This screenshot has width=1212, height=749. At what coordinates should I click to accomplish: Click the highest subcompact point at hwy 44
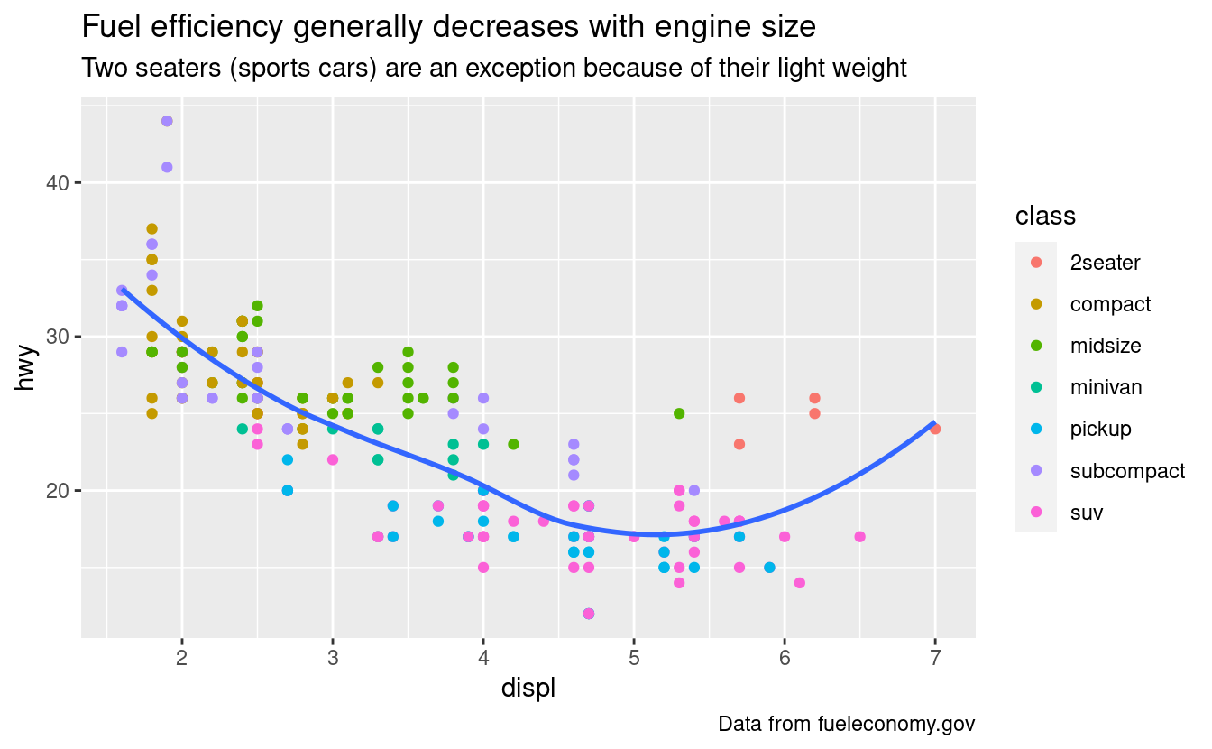point(167,121)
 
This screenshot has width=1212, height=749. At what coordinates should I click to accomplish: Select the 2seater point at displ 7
point(935,429)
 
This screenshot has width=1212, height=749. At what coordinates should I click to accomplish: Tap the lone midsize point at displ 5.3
point(679,413)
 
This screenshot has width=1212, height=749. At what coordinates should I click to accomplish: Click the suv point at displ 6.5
point(859,537)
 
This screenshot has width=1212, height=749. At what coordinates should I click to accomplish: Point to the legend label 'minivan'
point(1106,387)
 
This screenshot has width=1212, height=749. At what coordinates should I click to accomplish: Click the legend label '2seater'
point(1105,263)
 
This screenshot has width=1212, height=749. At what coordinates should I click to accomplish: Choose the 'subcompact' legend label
point(1127,470)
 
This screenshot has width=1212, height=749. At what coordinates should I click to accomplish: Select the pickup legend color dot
point(1036,429)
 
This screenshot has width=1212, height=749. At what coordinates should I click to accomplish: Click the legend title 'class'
point(1044,217)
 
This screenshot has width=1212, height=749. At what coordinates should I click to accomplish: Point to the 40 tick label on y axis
point(57,183)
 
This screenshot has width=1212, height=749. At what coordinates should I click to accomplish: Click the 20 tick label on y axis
point(57,491)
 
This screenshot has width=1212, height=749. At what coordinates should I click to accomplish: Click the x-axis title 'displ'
point(528,689)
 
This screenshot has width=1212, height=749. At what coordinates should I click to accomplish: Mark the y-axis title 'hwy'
point(27,366)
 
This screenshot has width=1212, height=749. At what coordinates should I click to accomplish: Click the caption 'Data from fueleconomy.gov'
point(847,724)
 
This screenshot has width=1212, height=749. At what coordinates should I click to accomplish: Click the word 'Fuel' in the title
point(112,28)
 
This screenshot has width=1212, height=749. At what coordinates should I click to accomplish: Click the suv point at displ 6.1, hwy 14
point(799,583)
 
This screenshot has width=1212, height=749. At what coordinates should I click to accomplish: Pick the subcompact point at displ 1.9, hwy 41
point(167,167)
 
